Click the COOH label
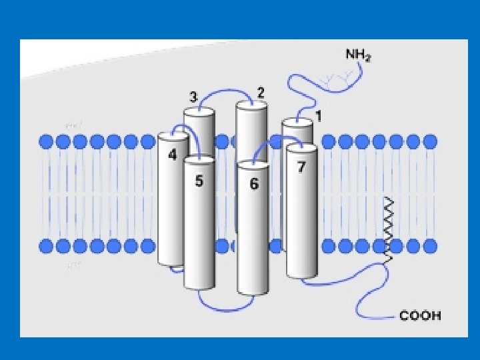pyautogui.click(x=420, y=316)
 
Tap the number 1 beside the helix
pyautogui.click(x=319, y=116)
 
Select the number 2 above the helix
pyautogui.click(x=261, y=92)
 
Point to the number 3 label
pyautogui.click(x=193, y=97)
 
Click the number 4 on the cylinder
pyautogui.click(x=173, y=155)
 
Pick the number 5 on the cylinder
pyautogui.click(x=199, y=181)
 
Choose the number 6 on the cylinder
pyautogui.click(x=254, y=184)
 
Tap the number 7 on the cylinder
pyautogui.click(x=301, y=167)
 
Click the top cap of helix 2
pyautogui.click(x=252, y=104)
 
